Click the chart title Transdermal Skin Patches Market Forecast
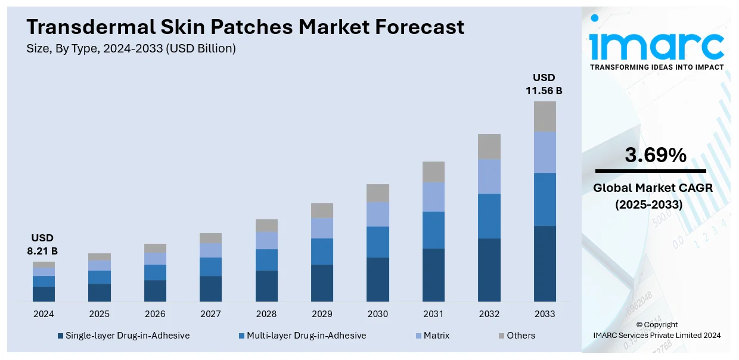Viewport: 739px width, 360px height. (x=245, y=27)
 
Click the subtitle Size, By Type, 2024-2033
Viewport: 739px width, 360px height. (x=131, y=49)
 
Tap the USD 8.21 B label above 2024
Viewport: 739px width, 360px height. (x=44, y=245)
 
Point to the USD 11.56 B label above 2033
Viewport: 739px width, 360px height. (x=544, y=84)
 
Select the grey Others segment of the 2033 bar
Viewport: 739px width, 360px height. (x=545, y=116)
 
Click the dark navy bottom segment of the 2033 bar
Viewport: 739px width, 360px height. (x=545, y=263)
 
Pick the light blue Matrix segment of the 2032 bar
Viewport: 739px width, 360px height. (x=489, y=176)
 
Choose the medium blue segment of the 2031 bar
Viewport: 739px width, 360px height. (x=433, y=230)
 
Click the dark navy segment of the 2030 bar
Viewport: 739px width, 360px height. (x=378, y=279)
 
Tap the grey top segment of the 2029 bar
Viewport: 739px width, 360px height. (x=322, y=210)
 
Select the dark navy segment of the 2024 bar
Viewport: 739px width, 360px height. (x=44, y=294)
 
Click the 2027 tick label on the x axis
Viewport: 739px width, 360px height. (x=210, y=314)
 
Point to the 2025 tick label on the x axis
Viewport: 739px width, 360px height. (x=100, y=314)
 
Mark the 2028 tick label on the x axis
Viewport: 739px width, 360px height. (x=266, y=314)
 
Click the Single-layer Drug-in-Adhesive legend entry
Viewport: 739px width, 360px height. (x=123, y=336)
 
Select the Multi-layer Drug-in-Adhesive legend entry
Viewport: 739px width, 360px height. (x=302, y=336)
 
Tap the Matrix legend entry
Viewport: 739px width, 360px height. (x=431, y=336)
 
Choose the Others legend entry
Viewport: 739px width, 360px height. (x=516, y=336)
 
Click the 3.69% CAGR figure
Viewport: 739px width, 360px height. (x=655, y=156)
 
